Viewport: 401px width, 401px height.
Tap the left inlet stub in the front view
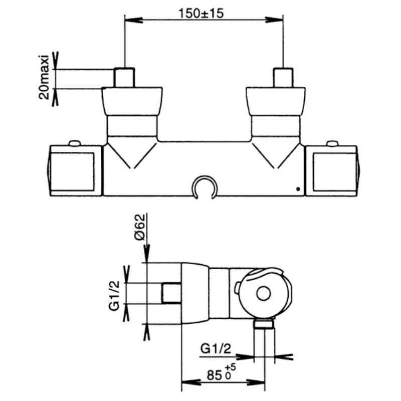pos(125,77)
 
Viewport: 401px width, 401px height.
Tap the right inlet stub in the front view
pos(283,77)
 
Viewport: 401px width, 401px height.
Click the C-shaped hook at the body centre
pos(205,186)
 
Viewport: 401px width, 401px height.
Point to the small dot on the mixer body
pos(298,189)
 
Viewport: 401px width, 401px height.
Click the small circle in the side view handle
pos(263,293)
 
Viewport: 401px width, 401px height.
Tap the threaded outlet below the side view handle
pos(263,325)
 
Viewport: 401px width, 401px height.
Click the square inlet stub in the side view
pos(171,293)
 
